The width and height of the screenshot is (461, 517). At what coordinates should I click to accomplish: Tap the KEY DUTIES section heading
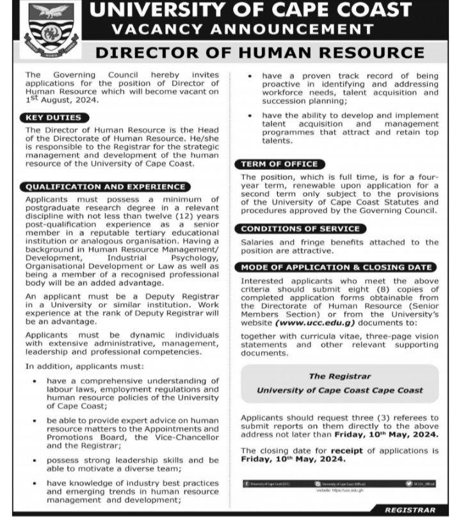pos(54,118)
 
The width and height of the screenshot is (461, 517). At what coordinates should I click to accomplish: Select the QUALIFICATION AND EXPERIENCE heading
pos(106,187)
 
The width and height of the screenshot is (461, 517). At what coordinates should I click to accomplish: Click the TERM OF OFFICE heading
pos(279,164)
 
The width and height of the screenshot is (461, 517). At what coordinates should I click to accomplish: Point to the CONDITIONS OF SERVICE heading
pos(300,229)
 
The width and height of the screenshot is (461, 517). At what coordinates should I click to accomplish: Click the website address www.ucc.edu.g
pos(311,324)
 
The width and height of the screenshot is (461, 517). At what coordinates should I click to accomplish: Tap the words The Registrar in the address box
pos(339,377)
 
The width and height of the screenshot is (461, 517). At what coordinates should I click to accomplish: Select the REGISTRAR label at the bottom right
pos(410,510)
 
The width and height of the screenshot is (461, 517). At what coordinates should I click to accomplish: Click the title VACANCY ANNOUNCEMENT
pos(243,29)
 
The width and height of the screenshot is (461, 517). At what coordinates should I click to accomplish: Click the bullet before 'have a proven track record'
pos(250,76)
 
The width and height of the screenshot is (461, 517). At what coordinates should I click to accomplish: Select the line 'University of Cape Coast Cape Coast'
pos(339,390)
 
